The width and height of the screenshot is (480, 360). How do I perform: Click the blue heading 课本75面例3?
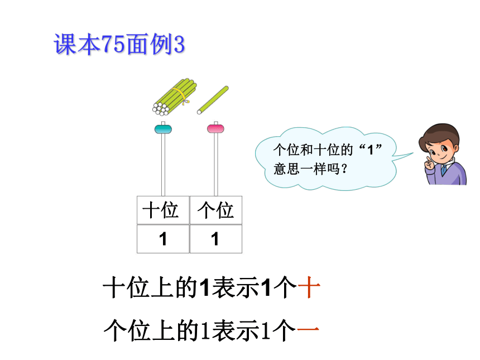(119, 44)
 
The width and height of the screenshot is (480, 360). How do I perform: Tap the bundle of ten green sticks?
(175, 97)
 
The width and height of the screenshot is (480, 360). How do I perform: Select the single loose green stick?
(213, 100)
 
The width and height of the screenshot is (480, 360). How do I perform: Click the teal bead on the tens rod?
(163, 129)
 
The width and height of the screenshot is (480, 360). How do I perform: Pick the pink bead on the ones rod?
(216, 128)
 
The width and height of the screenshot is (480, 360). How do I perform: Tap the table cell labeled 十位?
(163, 210)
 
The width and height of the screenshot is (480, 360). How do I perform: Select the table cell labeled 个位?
(216, 210)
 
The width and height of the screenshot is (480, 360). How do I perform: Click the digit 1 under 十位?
(163, 239)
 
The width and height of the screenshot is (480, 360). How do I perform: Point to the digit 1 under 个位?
(215, 239)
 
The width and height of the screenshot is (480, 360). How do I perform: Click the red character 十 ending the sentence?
(309, 287)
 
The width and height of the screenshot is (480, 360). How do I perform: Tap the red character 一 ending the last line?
(308, 329)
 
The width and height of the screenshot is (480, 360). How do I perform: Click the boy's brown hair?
(439, 135)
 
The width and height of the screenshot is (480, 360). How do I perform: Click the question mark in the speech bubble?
(344, 169)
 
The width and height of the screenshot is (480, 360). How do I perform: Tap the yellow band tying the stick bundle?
(179, 94)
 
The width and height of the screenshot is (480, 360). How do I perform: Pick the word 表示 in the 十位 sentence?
(235, 287)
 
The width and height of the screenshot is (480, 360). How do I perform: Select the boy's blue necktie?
(444, 169)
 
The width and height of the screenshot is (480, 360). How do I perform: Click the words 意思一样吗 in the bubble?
(306, 169)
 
